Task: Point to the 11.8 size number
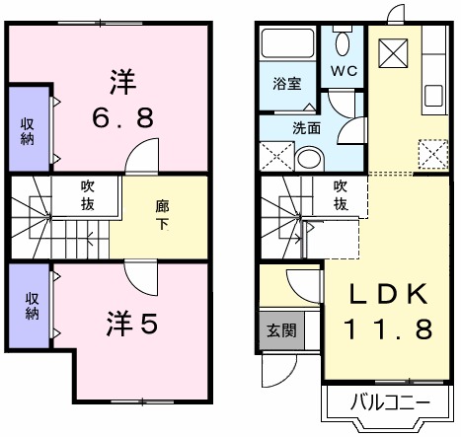tap(388, 328)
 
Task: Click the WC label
tap(344, 71)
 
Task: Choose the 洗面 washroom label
tap(305, 127)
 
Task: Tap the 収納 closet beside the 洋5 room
tap(31, 307)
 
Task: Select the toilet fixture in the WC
tap(343, 43)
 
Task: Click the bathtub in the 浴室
tap(287, 46)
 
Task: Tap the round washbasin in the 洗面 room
tap(309, 158)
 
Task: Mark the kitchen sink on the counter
tap(434, 96)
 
